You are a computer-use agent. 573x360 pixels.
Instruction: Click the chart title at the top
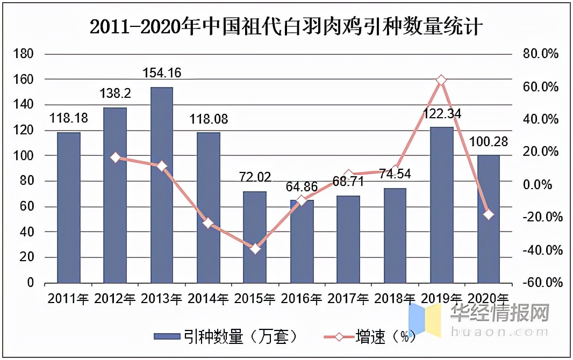coord(286,26)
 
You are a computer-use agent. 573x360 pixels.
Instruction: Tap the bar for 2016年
coord(302,242)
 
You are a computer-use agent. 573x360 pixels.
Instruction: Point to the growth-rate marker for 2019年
coord(441,80)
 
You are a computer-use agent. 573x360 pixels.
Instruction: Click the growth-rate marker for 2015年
coord(255,249)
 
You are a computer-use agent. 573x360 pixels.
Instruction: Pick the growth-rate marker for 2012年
coord(115,157)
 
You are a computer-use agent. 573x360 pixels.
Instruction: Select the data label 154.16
coord(161,73)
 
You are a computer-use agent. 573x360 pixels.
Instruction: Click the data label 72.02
coord(255,177)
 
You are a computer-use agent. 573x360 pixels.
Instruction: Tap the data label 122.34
coord(441,113)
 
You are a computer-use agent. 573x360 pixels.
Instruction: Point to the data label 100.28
coord(488,142)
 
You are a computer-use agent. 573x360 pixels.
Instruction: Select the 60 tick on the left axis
coord(27,207)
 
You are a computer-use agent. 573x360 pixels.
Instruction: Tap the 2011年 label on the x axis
coord(68,298)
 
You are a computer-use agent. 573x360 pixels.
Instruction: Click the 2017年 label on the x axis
coord(348,298)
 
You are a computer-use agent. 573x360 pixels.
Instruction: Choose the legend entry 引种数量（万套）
coord(226,337)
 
